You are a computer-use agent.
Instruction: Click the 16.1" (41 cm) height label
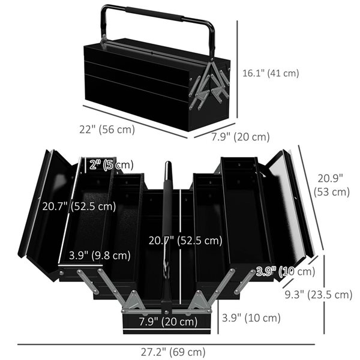pyautogui.click(x=271, y=73)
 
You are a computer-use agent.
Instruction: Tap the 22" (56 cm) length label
pyautogui.click(x=107, y=130)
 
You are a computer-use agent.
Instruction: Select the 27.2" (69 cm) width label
pyautogui.click(x=173, y=352)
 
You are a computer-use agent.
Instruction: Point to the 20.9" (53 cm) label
pyautogui.click(x=332, y=185)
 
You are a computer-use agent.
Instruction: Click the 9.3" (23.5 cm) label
pyautogui.click(x=319, y=295)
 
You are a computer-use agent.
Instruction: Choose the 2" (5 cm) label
pyautogui.click(x=112, y=165)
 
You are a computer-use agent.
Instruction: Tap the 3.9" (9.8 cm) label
pyautogui.click(x=100, y=256)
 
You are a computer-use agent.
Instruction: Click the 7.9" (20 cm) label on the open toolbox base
pyautogui.click(x=168, y=322)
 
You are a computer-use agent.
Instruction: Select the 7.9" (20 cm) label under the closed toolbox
pyautogui.click(x=241, y=137)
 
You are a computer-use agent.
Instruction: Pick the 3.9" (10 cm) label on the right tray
pyautogui.click(x=286, y=272)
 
